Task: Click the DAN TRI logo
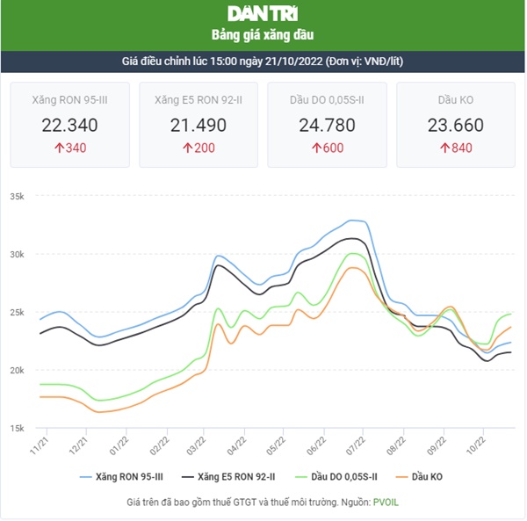coord(263,14)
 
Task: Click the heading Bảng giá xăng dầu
coord(263,35)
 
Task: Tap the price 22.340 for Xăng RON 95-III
coord(69,125)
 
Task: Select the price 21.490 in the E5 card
coord(199,125)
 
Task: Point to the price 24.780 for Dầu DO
coord(327,125)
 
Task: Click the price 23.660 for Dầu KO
coord(456,125)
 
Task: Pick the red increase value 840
coord(456,148)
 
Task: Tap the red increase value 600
coord(327,148)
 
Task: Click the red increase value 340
coord(69,148)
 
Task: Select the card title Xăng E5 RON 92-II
coord(199,100)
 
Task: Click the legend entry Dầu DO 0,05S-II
coord(335,476)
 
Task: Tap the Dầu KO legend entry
coord(423,476)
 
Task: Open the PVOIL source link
coord(386,503)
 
